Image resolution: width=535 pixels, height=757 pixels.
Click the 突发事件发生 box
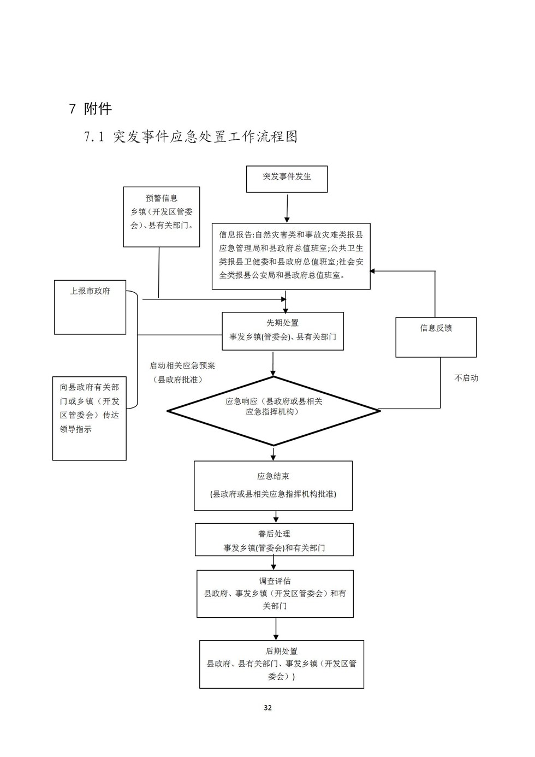[287, 179]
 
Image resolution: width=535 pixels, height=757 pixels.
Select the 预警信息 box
[161, 216]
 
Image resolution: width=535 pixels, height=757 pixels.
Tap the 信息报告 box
[291, 256]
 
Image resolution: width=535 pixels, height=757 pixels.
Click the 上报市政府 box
[90, 307]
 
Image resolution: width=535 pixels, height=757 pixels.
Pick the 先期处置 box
[283, 331]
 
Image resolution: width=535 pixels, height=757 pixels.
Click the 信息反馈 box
[436, 337]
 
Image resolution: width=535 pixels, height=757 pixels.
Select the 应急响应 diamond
[274, 411]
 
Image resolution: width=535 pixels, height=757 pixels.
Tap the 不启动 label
[466, 378]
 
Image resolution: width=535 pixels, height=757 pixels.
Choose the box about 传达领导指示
[90, 418]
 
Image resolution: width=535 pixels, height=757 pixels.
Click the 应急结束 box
[273, 486]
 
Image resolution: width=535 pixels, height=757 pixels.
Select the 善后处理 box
[274, 540]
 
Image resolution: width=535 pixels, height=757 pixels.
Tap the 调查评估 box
[275, 594]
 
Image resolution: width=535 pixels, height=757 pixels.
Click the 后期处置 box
[281, 664]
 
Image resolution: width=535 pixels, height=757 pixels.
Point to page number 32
[267, 708]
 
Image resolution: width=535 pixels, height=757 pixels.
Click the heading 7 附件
[91, 109]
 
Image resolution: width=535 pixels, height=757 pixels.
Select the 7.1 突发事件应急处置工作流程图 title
[191, 137]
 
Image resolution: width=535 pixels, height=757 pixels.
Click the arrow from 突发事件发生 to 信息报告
[287, 208]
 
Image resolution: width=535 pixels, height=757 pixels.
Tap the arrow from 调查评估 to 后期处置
[276, 629]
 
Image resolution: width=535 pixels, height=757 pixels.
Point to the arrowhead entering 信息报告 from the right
[373, 271]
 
